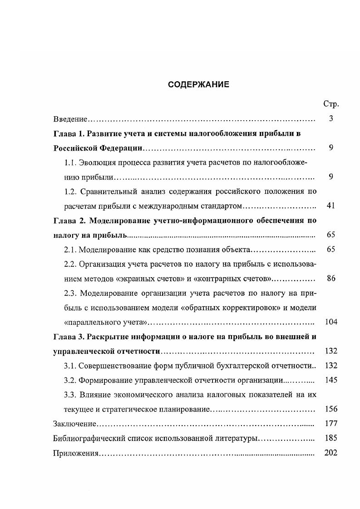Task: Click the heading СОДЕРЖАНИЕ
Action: coord(199,84)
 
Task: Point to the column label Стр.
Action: coord(331,104)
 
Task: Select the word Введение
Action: coord(70,119)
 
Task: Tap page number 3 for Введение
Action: coord(331,118)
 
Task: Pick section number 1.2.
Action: coord(71,191)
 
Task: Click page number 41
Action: coord(330,206)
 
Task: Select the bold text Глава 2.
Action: coord(69,220)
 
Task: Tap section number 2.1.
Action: coord(71,249)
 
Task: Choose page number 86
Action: coord(330,278)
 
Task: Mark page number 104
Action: coord(331,322)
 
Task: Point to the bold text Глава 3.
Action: coord(69,337)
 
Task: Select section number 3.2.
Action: coord(71,380)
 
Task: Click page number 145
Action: coord(331,380)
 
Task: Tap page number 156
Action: coord(331,409)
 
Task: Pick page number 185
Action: coord(331,438)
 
